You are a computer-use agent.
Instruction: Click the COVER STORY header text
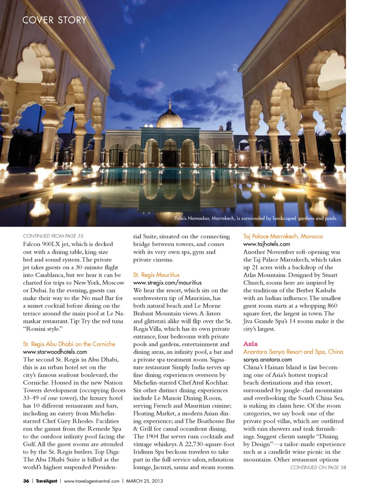(55, 20)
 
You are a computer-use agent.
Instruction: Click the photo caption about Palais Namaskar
(256, 218)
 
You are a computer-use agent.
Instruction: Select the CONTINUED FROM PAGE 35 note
(53, 236)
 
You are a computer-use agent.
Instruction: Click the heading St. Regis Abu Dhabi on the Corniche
(69, 344)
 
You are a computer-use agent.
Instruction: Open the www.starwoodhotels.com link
(55, 351)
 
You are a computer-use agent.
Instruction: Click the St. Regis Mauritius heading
(156, 275)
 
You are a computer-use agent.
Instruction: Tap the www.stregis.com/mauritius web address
(167, 282)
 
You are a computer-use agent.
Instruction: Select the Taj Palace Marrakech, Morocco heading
(283, 236)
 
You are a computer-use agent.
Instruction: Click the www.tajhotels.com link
(267, 244)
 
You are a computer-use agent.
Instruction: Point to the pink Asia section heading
(250, 344)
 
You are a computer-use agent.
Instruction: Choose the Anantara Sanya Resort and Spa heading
(293, 351)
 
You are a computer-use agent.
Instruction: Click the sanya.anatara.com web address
(268, 359)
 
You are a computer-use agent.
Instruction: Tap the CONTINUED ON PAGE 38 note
(318, 467)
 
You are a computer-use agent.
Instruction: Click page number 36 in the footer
(26, 481)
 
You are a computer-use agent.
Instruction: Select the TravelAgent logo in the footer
(47, 481)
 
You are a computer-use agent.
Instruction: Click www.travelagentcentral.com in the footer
(91, 481)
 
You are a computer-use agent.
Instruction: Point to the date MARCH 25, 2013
(145, 481)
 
